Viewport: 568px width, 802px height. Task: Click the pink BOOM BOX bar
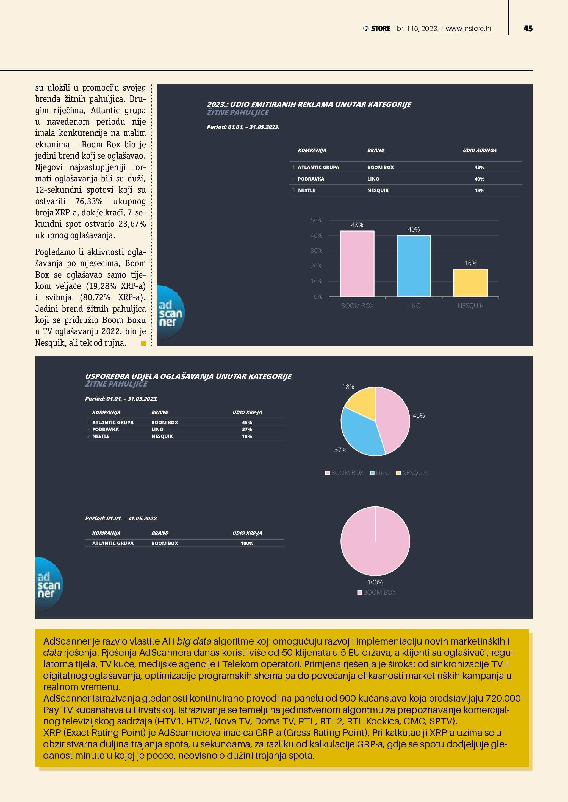tap(357, 264)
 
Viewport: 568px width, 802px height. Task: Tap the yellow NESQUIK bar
tap(470, 283)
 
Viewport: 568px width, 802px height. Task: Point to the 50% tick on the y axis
tap(316, 220)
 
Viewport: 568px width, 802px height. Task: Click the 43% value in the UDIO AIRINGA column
tap(479, 167)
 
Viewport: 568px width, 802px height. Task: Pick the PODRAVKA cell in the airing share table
tap(311, 179)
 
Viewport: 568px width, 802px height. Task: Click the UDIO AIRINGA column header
tap(480, 150)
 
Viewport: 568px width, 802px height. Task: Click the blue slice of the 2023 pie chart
tap(360, 435)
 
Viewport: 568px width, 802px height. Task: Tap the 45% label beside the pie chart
tap(419, 415)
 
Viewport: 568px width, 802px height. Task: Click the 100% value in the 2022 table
tap(247, 543)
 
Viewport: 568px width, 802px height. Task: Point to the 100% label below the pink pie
tap(375, 582)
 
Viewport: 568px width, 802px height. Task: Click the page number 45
tap(528, 29)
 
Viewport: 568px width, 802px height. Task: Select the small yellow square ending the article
tap(143, 343)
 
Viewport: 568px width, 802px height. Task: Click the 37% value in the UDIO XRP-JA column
tap(247, 429)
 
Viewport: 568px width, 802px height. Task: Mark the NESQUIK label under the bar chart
tap(470, 306)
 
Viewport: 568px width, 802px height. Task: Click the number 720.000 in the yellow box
tap(503, 698)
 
